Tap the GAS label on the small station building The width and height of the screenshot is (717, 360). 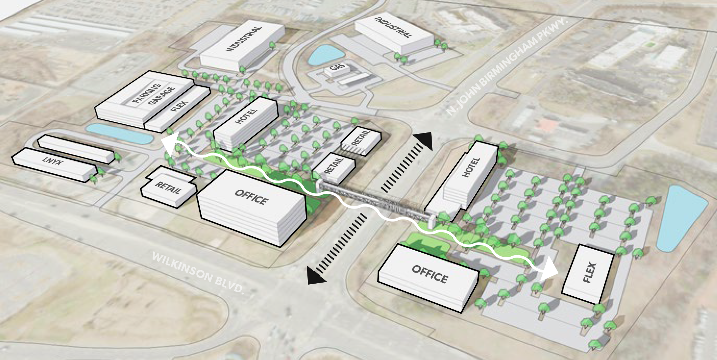pyautogui.click(x=337, y=68)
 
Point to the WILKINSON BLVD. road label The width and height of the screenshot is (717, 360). pyautogui.click(x=198, y=273)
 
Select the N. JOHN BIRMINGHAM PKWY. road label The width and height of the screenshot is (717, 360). pyautogui.click(x=507, y=67)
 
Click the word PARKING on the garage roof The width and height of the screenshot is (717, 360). pyautogui.click(x=146, y=93)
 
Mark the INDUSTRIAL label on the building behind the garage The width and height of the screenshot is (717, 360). pyautogui.click(x=244, y=39)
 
